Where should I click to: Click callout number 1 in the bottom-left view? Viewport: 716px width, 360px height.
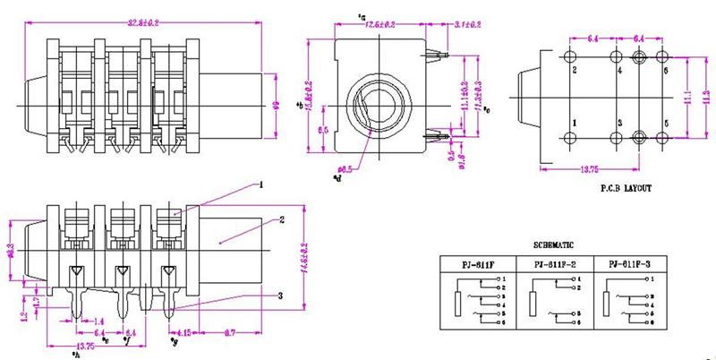tap(260, 185)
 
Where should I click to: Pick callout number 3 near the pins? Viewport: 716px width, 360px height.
tap(280, 296)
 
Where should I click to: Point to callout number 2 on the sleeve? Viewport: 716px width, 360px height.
tap(281, 219)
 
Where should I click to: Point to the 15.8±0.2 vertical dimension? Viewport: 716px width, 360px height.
tap(311, 97)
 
